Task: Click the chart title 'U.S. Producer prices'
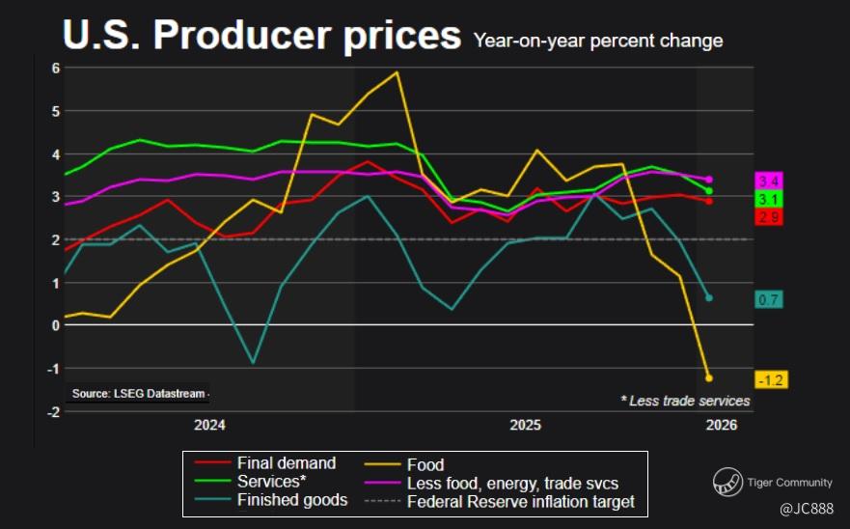pos(261,36)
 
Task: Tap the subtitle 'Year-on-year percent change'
pos(597,41)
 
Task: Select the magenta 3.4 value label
pos(769,181)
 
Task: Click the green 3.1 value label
pos(769,199)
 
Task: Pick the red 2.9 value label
pos(769,217)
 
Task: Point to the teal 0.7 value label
pos(769,299)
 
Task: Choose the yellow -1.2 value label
pos(771,380)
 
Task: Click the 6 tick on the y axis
pos(56,68)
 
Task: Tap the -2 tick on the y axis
pos(54,412)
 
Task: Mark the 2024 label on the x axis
pos(209,426)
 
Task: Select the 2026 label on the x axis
pos(722,426)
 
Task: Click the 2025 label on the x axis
pos(525,426)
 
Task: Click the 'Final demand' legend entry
pos(287,463)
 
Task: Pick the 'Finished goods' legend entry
pos(292,500)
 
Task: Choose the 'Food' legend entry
pos(425,464)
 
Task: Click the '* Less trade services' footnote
pos(685,401)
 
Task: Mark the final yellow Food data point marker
pos(709,377)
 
